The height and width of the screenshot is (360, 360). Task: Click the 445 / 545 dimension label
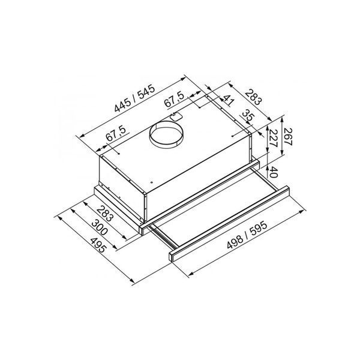tap(135, 98)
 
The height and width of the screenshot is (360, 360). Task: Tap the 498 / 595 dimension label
tap(247, 235)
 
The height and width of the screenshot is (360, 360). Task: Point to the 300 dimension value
tap(100, 227)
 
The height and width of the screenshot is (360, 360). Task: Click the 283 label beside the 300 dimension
tap(106, 214)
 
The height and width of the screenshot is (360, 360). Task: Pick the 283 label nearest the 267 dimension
tap(253, 97)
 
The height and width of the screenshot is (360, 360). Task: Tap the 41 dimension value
tap(229, 100)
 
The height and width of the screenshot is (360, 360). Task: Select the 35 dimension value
tap(248, 116)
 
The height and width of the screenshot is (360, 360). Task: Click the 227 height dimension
tap(273, 138)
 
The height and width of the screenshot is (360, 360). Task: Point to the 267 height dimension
tap(288, 137)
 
